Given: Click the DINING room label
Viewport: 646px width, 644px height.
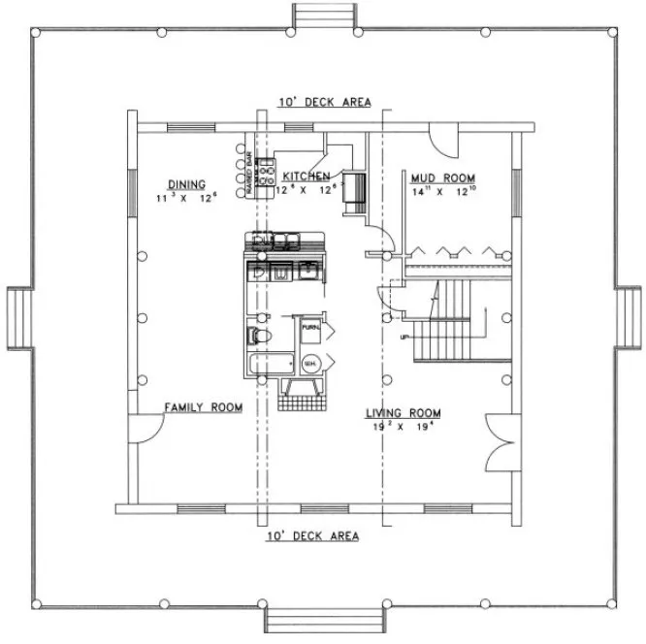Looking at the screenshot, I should click(185, 183).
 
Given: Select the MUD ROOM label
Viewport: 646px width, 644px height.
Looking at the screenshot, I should click(442, 178).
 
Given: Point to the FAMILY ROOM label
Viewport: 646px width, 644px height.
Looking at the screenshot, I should click(203, 407).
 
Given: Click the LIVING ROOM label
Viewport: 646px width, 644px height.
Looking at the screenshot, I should click(404, 412).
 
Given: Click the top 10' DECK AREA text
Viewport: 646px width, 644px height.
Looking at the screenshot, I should click(324, 102).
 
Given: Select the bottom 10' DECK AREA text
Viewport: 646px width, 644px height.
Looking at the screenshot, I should click(311, 535).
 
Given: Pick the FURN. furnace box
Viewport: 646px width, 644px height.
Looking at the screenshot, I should click(310, 329).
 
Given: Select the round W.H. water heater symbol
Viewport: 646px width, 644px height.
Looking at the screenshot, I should click(310, 364).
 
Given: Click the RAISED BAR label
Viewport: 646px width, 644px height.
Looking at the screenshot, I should click(249, 174).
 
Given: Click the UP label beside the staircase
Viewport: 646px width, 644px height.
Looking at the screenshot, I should click(404, 337).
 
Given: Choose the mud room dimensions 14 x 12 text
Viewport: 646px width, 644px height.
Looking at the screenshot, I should click(442, 192).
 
